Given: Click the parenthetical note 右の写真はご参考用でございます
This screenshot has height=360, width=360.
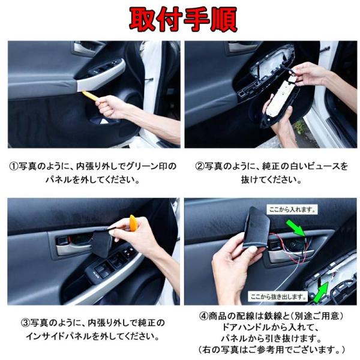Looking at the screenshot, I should coord(271,349).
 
